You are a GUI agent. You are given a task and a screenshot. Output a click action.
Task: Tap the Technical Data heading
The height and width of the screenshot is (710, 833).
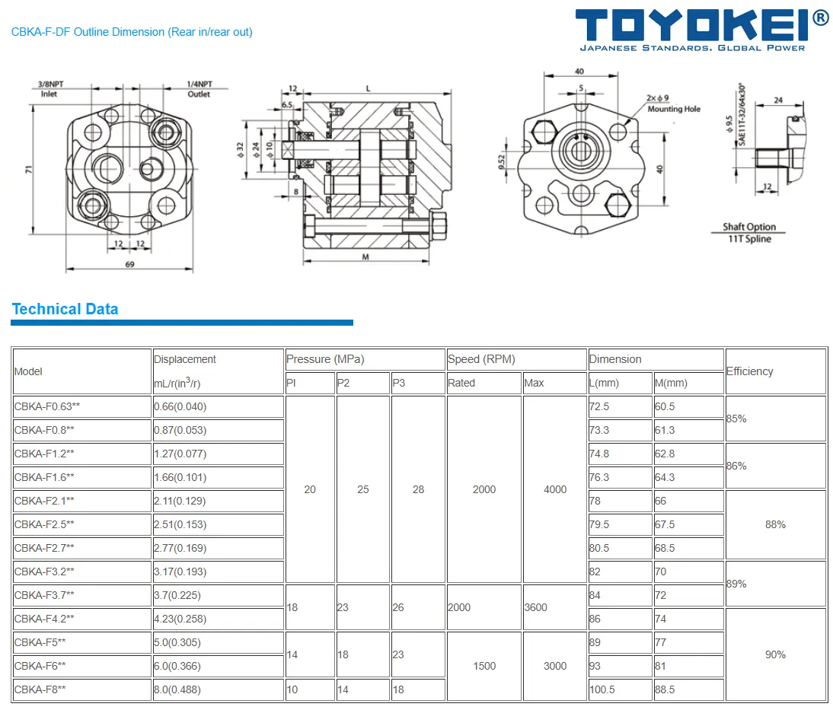click(65, 309)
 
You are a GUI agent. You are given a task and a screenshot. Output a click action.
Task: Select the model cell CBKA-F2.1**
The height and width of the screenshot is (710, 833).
click(44, 501)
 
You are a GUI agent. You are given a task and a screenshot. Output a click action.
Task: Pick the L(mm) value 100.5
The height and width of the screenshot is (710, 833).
click(601, 689)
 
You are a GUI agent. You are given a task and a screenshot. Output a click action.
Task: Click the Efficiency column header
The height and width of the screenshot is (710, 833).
click(750, 371)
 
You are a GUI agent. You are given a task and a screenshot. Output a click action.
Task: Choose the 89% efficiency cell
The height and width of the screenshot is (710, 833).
click(736, 584)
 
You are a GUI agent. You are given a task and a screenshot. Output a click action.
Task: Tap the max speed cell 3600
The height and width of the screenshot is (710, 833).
click(536, 607)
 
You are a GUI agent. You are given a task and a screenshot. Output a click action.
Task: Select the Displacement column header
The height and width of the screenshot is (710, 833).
click(185, 359)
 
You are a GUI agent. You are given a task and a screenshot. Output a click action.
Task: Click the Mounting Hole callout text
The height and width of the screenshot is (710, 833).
click(674, 109)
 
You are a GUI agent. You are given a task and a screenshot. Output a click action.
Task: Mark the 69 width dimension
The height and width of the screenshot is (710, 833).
click(129, 264)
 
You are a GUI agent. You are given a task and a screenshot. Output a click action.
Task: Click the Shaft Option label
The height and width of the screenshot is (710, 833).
click(749, 227)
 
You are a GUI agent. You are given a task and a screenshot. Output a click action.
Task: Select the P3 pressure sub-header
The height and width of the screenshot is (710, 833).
click(399, 383)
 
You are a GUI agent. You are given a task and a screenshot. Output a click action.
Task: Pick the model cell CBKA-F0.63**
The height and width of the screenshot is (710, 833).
click(47, 406)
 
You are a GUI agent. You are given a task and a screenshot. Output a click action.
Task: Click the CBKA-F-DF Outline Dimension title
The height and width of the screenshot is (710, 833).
click(132, 32)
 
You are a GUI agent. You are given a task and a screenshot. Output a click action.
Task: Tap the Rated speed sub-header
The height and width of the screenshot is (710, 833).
click(461, 383)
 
